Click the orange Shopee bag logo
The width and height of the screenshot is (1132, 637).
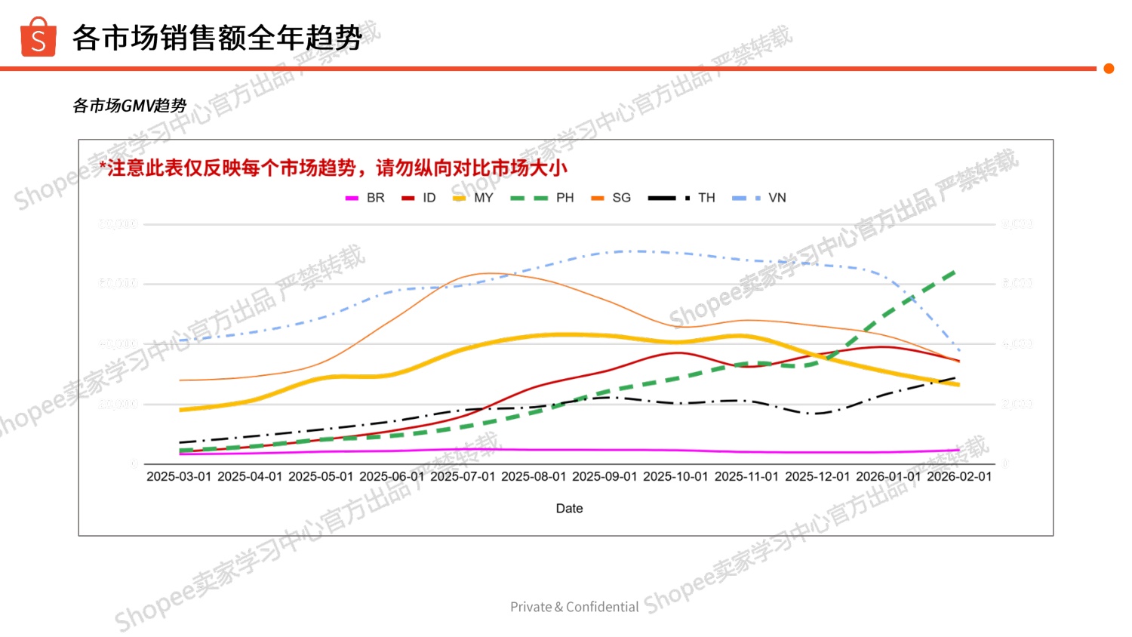coord(38,38)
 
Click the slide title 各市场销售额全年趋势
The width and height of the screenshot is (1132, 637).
coord(217,38)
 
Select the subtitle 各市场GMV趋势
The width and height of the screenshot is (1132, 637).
coord(129,106)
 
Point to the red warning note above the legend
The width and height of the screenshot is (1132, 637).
coord(333,168)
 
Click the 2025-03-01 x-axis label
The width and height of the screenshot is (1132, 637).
coord(179,476)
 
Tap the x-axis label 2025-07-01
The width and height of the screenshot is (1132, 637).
coord(463,476)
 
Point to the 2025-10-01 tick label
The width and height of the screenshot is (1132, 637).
coord(675,476)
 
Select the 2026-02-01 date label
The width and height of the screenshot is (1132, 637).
coord(959,476)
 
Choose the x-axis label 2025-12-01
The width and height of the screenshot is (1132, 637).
coord(817,476)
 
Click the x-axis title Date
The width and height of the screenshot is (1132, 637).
coord(569,509)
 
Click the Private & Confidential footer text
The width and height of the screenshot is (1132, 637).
coord(574,607)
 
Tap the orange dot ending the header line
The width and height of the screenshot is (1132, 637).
coord(1109,69)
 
